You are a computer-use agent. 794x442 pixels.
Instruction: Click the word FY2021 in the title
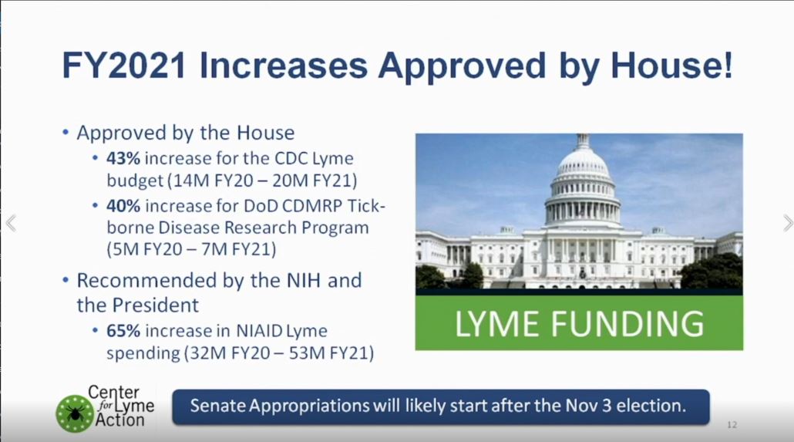coord(123,66)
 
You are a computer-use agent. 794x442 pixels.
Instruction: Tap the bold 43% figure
coord(123,158)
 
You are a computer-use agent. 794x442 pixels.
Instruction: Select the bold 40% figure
coord(123,206)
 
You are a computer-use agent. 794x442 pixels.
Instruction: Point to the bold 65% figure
coord(123,330)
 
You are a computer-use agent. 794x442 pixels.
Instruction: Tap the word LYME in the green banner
coord(496,323)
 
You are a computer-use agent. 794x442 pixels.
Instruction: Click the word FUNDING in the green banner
coord(627,323)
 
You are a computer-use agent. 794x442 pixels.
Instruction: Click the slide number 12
coord(732,425)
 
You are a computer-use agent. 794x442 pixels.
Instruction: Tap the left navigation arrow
coord(11,223)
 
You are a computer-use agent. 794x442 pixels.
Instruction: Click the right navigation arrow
coord(788,222)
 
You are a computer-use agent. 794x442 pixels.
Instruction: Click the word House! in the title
coord(671,66)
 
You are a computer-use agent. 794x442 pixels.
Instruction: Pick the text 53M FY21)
coord(331,353)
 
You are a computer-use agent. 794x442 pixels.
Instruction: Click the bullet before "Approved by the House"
coord(66,133)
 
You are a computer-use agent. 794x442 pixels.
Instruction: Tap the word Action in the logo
coord(120,420)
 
